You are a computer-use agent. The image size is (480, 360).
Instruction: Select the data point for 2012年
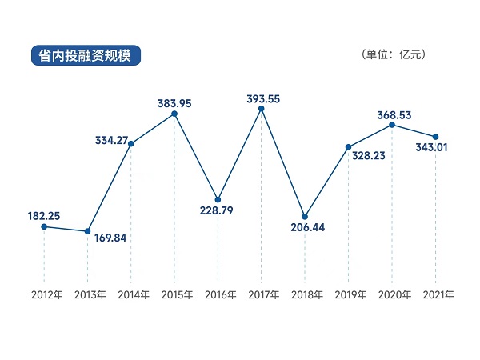tap(44, 226)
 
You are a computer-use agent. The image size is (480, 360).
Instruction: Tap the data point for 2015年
tap(174, 114)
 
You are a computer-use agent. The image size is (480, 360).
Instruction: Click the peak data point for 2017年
tap(261, 108)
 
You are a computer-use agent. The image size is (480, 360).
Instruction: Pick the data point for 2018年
tap(305, 216)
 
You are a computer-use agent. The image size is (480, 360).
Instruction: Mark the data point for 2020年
tap(392, 124)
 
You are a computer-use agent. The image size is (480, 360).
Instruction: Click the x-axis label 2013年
tap(88, 294)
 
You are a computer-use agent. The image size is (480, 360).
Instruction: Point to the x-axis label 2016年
tap(218, 294)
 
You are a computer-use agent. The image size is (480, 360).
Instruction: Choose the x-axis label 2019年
tap(348, 294)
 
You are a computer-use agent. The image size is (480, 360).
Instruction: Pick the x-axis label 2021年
tap(435, 294)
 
